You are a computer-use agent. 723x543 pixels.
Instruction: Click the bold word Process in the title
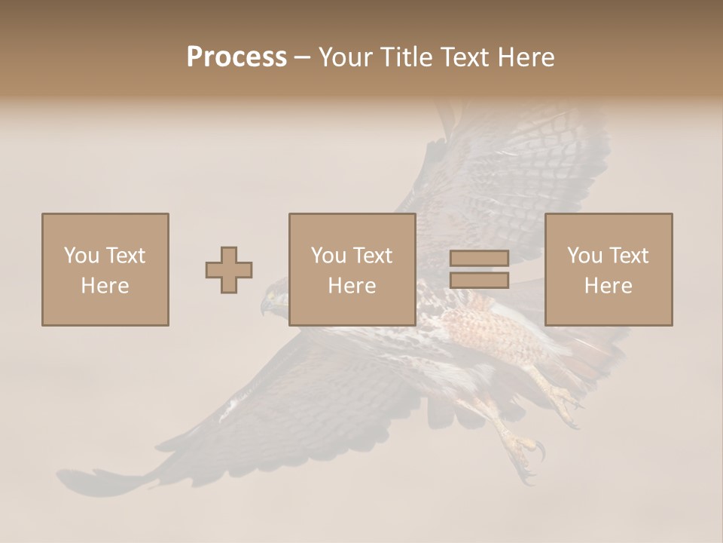[x=236, y=57]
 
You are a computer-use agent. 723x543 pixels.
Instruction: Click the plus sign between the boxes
[x=229, y=270]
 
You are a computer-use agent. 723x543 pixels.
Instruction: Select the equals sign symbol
[x=479, y=269]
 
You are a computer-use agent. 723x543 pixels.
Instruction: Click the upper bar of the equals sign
[x=479, y=258]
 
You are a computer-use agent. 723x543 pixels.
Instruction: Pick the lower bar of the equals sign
[x=479, y=281]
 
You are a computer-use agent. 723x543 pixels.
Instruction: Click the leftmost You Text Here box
[x=105, y=269]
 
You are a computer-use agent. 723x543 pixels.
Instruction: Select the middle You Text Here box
[x=352, y=269]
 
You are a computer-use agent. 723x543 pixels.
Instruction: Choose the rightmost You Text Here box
[x=608, y=269]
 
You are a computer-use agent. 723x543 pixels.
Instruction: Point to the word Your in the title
[x=344, y=57]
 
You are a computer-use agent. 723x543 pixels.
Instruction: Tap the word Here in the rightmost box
[x=608, y=285]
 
